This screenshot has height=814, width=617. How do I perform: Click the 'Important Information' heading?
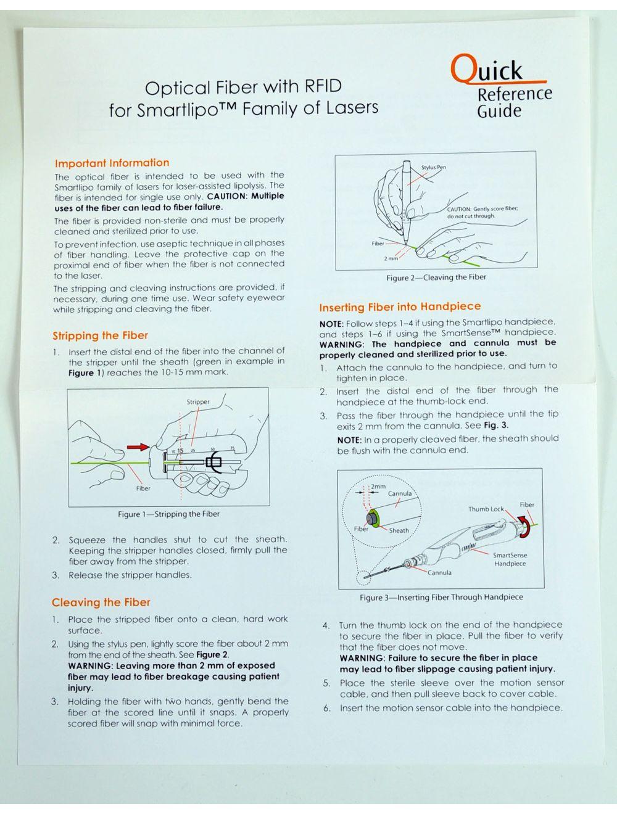click(x=112, y=163)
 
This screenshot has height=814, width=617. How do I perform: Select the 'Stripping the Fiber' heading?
click(x=100, y=336)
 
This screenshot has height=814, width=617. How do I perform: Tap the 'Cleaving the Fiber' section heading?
click(x=101, y=603)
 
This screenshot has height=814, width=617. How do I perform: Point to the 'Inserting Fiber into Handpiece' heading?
click(x=400, y=307)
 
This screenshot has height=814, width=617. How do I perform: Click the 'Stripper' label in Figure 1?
click(x=198, y=402)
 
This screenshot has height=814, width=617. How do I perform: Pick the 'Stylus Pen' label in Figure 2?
click(x=433, y=168)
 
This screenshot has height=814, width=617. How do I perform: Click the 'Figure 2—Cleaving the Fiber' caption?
click(x=436, y=277)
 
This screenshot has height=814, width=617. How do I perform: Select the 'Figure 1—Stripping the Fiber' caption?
click(x=168, y=514)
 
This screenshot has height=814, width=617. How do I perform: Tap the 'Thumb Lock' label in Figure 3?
click(x=486, y=509)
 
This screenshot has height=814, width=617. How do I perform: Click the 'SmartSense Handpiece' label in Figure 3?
click(x=510, y=559)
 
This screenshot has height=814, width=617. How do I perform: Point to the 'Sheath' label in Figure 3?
click(x=399, y=530)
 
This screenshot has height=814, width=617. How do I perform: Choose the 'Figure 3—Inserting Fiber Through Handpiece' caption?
click(x=441, y=598)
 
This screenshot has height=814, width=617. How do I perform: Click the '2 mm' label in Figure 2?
click(x=391, y=258)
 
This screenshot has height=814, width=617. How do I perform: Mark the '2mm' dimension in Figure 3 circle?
click(x=378, y=487)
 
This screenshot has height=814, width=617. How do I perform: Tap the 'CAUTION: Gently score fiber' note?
click(x=482, y=213)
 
